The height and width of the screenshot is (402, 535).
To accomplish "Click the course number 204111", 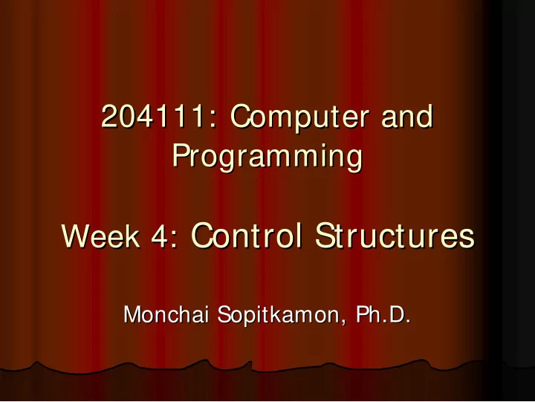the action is [153, 117].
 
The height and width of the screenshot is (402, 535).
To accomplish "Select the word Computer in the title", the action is [299, 118].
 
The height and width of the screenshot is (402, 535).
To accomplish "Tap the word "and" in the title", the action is [407, 117].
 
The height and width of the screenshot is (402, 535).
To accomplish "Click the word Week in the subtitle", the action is [100, 236].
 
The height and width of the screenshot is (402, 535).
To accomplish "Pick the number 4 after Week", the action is [159, 236].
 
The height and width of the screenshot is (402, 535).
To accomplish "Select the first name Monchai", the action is [166, 314].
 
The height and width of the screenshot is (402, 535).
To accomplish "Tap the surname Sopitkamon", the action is [277, 315].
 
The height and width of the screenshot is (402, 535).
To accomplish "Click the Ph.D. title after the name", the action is [383, 314].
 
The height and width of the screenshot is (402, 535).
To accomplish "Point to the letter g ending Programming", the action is [354, 161].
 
